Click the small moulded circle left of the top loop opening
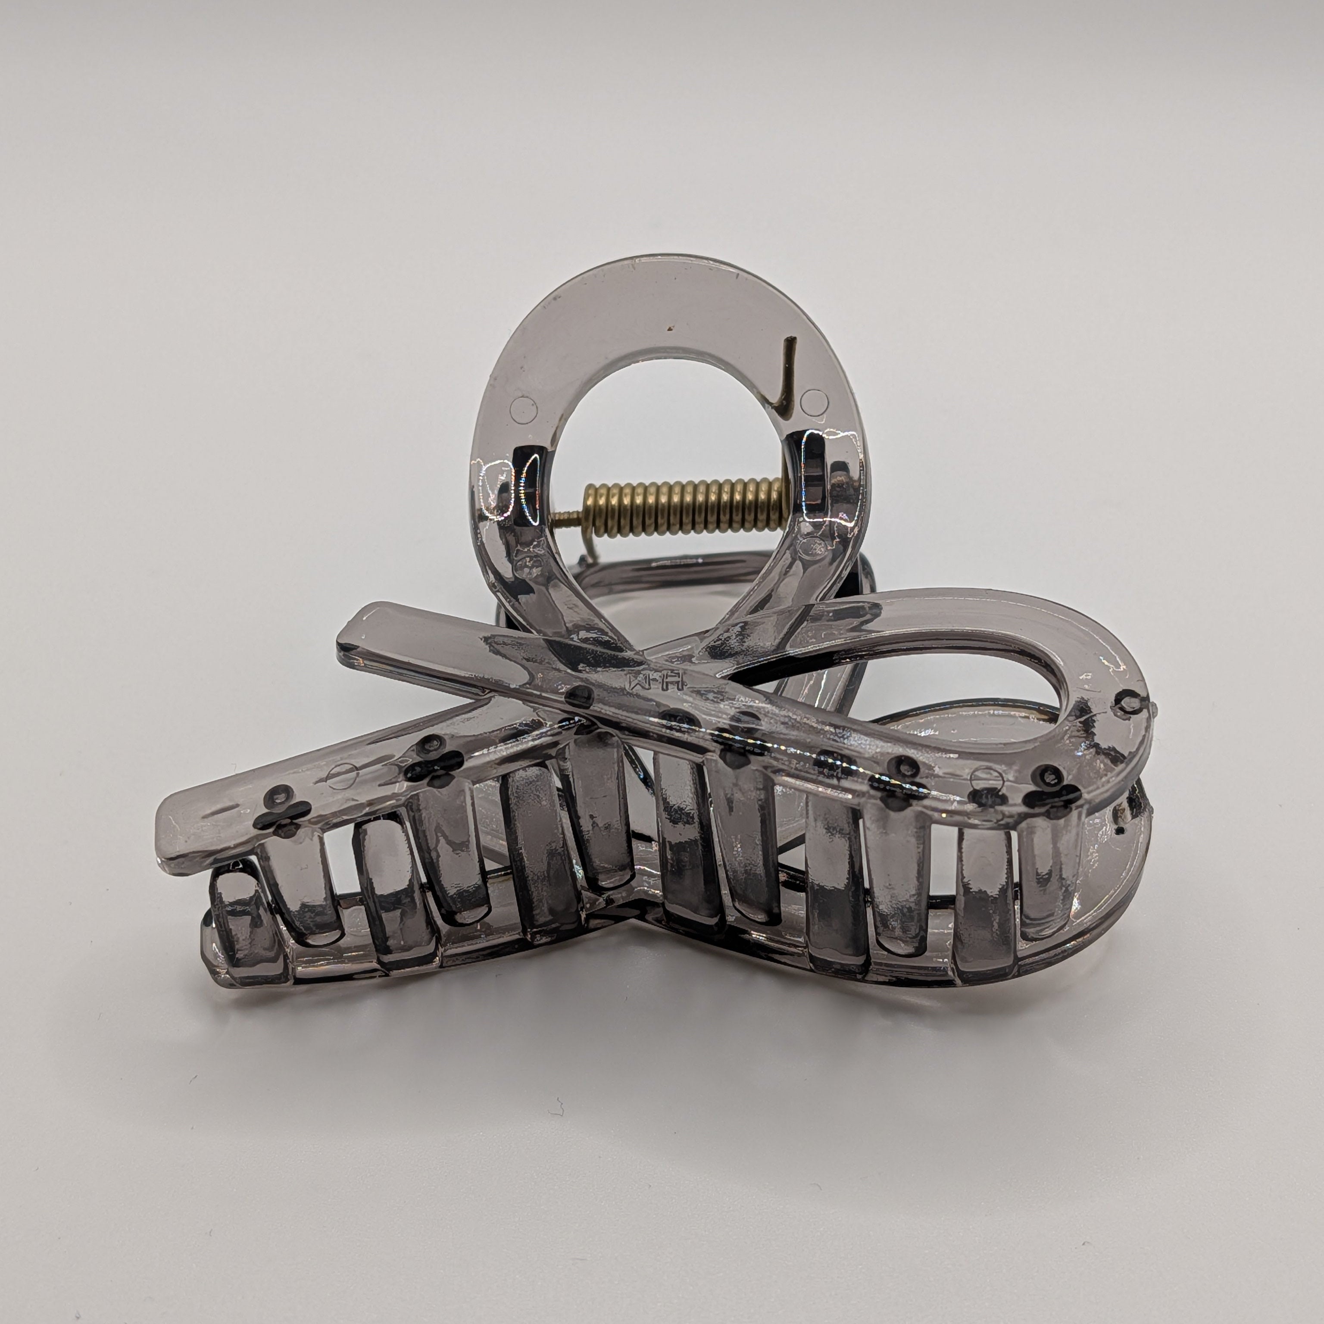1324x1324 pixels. pos(524,409)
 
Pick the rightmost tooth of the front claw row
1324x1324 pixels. pos(1049,884)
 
